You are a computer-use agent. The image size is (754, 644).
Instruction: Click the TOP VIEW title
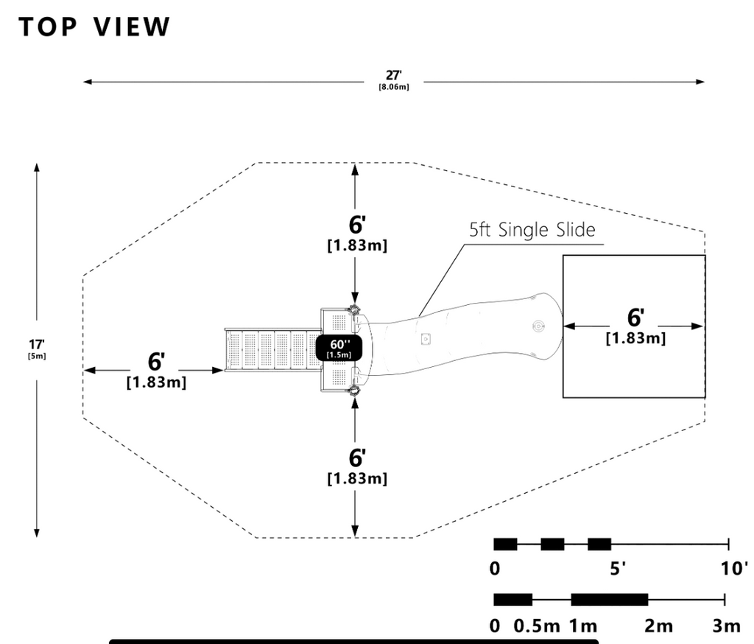coord(94,27)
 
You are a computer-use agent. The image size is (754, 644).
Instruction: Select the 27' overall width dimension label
coord(393,76)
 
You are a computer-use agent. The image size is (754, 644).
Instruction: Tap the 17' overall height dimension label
coord(37,345)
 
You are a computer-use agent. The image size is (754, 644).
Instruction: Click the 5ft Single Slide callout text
coord(532,230)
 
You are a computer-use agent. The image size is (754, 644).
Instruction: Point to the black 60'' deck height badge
coord(339,348)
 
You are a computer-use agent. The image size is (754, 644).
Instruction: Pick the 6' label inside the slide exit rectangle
coord(635,318)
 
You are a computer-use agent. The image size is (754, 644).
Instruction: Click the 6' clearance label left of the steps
coord(156,362)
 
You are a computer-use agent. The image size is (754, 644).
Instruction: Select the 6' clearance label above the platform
coord(357,225)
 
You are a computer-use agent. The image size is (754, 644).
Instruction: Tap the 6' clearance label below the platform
coord(357,458)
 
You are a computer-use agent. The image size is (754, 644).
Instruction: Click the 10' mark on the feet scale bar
coord(734,569)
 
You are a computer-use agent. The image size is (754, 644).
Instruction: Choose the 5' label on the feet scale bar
coord(618,569)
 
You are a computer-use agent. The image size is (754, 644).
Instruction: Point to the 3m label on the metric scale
coord(726,626)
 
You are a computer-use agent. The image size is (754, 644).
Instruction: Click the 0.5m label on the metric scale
coord(537,626)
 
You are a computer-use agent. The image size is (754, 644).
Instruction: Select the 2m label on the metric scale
coord(658,626)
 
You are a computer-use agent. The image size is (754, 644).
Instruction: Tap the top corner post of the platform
coord(354,309)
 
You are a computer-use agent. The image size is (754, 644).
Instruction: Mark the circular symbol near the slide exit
coord(539,326)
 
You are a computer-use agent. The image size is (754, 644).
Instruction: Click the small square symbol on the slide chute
coord(425,339)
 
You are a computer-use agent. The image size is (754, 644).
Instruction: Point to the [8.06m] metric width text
coord(394,87)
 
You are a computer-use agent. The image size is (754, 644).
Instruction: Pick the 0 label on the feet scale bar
coord(494,569)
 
